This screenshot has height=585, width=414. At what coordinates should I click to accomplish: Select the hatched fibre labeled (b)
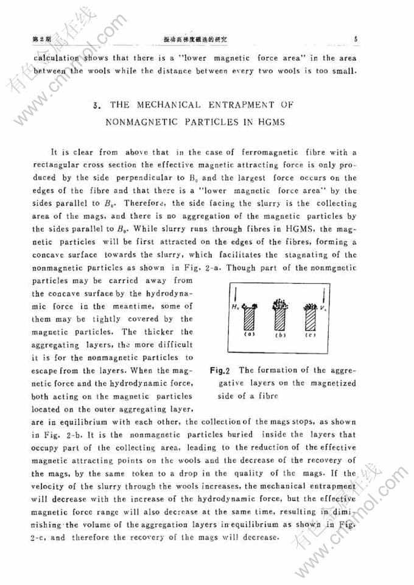pyautogui.click(x=281, y=318)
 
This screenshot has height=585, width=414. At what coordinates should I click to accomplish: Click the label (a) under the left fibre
pyautogui.click(x=249, y=334)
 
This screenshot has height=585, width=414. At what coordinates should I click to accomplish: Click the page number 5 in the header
pyautogui.click(x=354, y=40)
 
